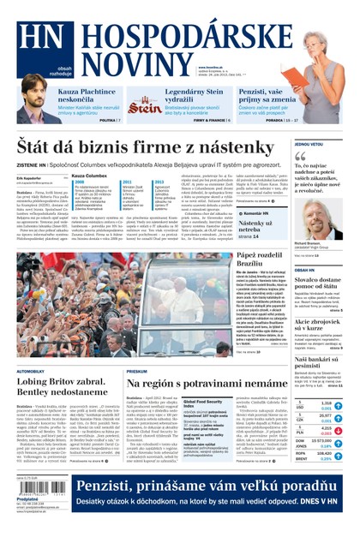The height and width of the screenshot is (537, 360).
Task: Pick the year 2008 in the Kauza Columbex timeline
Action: pos(80,182)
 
